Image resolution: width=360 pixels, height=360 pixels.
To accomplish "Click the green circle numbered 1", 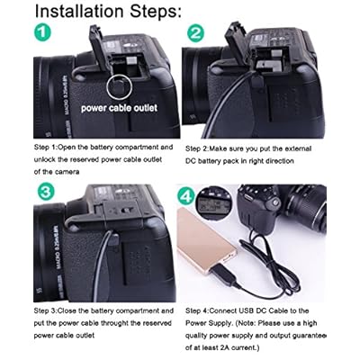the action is (42, 32).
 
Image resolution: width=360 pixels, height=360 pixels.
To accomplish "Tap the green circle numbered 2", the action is (195, 33).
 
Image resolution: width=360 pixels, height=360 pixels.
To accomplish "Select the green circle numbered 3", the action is (45, 192).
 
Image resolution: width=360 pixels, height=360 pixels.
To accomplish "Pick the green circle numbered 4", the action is (186, 195).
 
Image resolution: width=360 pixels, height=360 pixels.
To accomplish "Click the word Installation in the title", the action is (79, 11).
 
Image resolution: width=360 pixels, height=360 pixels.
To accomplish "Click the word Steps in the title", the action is (156, 12).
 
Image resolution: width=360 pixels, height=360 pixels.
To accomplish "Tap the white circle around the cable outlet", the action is (119, 86).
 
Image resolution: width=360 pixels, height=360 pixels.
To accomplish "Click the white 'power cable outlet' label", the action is (119, 108).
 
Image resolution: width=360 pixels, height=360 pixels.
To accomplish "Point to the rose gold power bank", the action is (205, 241).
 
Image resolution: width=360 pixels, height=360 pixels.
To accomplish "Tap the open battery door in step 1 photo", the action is (98, 49).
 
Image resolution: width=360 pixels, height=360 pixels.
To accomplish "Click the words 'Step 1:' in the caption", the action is (46, 148).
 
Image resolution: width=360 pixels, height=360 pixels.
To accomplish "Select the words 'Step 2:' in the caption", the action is (197, 148).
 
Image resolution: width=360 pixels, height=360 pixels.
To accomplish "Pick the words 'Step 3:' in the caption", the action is (46, 310).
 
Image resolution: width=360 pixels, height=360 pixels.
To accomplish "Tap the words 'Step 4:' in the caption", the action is (197, 310).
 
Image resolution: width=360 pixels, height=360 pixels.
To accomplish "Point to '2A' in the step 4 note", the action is (225, 347).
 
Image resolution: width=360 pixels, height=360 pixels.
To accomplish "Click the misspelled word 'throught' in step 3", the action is (114, 323).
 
